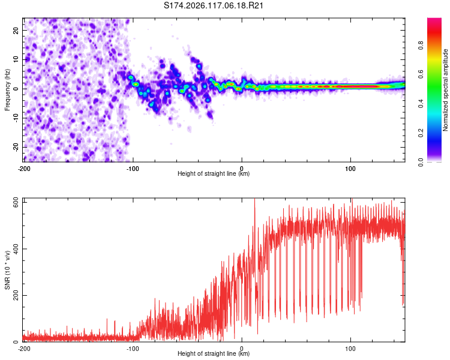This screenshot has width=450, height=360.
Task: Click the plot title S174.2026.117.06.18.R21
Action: tap(214, 5)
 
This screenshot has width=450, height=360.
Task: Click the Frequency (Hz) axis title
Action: tap(7, 90)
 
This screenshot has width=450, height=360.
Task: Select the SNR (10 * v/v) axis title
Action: tap(7, 270)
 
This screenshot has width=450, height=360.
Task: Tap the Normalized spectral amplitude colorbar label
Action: tap(445, 90)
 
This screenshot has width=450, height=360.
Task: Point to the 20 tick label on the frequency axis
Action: tap(16, 31)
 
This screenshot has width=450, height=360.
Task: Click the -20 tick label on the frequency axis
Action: tap(16, 148)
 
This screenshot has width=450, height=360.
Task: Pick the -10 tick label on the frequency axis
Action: tap(16, 118)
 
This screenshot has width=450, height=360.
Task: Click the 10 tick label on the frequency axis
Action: tap(16, 59)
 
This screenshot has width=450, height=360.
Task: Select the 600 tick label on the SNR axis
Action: tap(16, 203)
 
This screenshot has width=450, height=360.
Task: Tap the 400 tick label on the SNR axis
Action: tap(16, 248)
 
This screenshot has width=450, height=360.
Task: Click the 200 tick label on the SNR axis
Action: tap(16, 295)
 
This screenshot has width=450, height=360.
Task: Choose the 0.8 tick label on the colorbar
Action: tap(421, 46)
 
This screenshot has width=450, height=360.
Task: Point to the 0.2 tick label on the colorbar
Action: tap(421, 133)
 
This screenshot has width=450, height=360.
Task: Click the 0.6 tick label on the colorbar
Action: tap(421, 74)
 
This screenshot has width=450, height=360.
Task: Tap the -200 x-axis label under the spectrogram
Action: tap(24, 169)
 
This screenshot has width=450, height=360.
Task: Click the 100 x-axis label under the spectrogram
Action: tap(350, 169)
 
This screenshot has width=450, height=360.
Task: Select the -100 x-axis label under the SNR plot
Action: tap(133, 349)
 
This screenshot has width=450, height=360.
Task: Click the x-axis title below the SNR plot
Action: tap(214, 353)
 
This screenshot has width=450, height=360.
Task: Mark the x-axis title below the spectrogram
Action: tap(214, 173)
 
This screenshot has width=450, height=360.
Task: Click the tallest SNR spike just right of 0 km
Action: tap(254, 200)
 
